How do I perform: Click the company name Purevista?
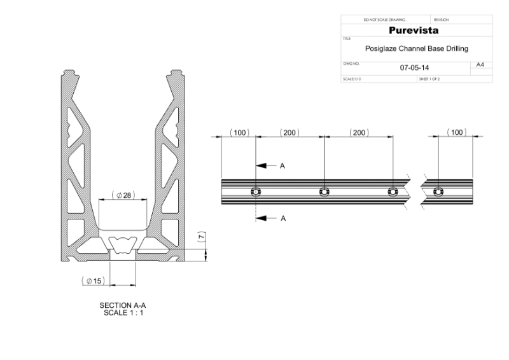click(x=417, y=31)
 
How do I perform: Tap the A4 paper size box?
click(x=480, y=65)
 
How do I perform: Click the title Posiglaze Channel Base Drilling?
click(x=417, y=48)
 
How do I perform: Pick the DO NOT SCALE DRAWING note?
click(x=384, y=20)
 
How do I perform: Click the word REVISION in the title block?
click(x=441, y=20)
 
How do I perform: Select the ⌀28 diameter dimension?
click(x=123, y=195)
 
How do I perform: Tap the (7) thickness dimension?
click(x=202, y=237)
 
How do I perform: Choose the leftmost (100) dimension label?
click(x=239, y=132)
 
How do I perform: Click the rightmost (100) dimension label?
click(x=456, y=132)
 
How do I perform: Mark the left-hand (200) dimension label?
click(x=289, y=132)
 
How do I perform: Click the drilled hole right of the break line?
click(x=436, y=191)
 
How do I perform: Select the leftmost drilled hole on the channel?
click(x=255, y=191)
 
